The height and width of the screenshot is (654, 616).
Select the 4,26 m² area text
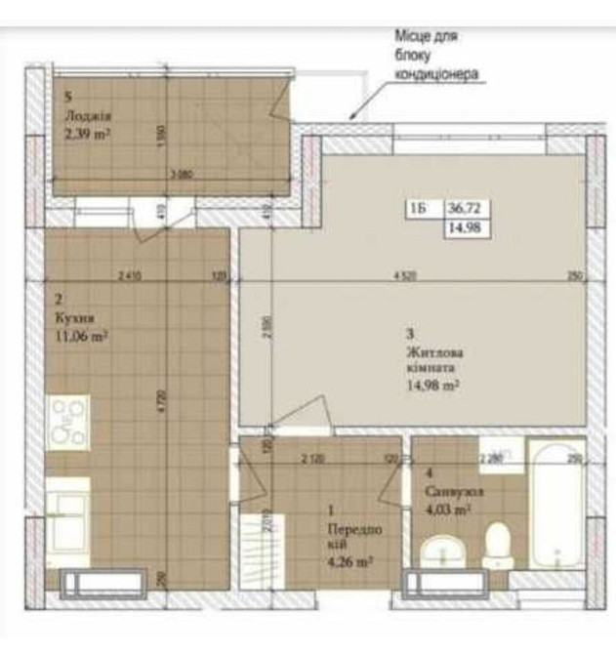tap(350, 561)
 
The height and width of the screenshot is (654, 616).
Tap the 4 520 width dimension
tap(405, 276)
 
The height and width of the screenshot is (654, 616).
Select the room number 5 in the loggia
tap(68, 98)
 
